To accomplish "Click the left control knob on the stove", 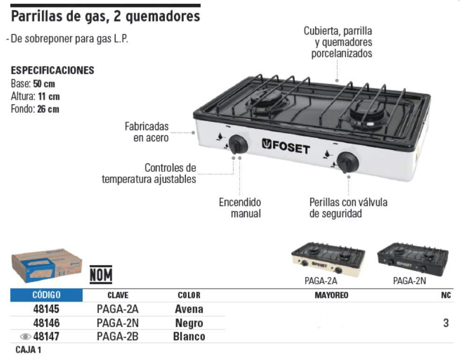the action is pos(238,144).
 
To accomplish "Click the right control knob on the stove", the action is pos(347,162).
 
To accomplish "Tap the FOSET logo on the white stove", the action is pos(286,146).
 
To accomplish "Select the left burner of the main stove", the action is pos(266,101).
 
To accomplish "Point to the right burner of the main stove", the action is pos(367,112).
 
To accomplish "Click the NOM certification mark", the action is pos(101,275).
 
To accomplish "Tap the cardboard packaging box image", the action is pos(47,266).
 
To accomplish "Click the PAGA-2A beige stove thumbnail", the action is pos(329,259).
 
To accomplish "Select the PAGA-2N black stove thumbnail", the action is pos(413,259).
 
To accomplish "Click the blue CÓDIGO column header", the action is pos(46,295).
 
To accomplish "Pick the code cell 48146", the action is pos(46,323).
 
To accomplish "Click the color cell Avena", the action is pos(189,309).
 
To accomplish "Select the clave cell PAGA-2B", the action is pos(117,336).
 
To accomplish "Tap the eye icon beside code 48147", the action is pos(26,336).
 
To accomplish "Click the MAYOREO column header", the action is pos(331,295).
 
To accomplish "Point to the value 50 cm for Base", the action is pos(44,84).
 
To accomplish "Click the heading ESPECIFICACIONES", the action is pos(52,70).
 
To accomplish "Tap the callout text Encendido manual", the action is pos(240,208).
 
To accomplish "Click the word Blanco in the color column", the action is pos(189,337).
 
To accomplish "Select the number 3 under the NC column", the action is pos(446,323).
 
